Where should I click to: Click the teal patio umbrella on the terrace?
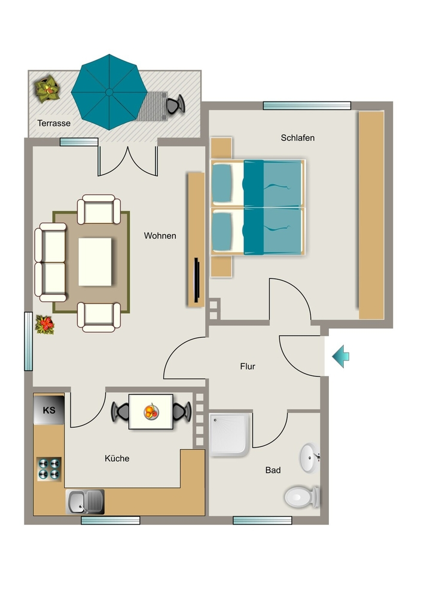coord(109,92)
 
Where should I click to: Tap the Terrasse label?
coord(54,123)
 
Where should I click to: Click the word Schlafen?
coord(297,138)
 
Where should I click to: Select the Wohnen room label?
coord(160,235)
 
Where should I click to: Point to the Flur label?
coord(248,366)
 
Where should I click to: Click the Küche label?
coord(117,458)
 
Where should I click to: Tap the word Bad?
coord(273,470)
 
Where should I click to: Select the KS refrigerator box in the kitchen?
coord(49,410)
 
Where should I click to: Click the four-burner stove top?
coord(49,469)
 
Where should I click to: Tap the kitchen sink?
coord(85,502)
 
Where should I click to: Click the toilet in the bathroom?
coord(302,497)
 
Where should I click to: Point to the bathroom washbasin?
coord(310,458)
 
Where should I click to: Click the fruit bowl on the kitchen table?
coord(151,412)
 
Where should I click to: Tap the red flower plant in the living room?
coord(45,325)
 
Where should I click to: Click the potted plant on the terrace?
coord(47,88)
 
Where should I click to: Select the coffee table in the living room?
coord(95,262)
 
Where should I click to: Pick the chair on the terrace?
coord(175,105)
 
